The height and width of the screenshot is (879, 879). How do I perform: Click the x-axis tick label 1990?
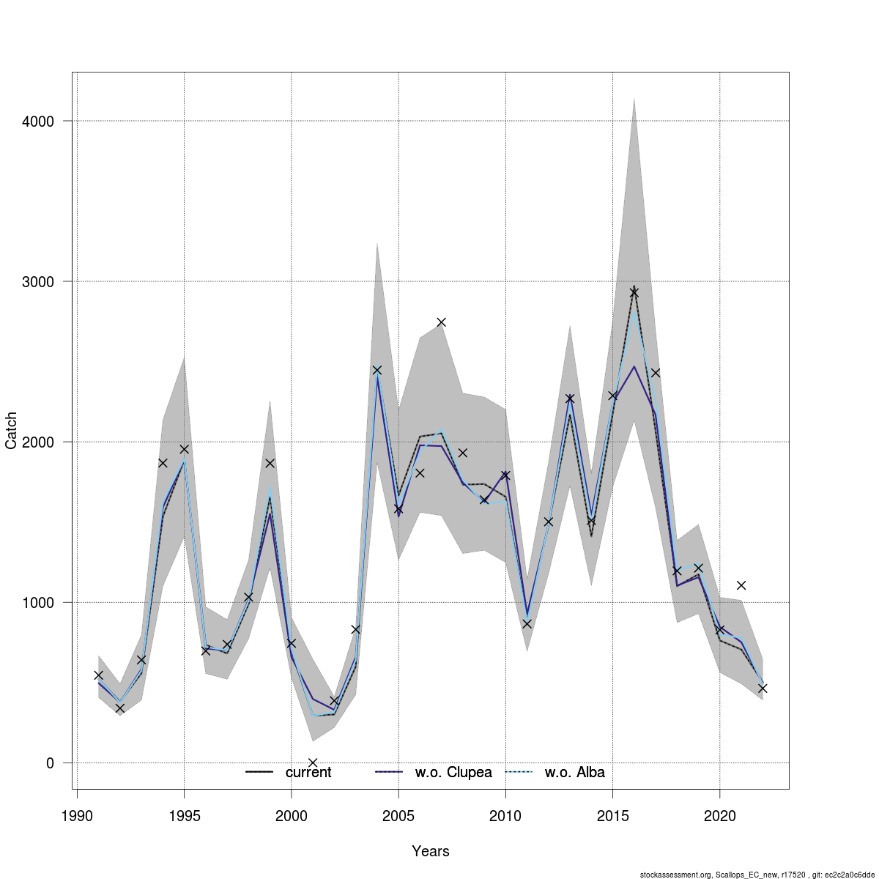pyautogui.click(x=76, y=816)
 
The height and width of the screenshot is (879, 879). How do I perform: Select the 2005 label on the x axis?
pyautogui.click(x=398, y=816)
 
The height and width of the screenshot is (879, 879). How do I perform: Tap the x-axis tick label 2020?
pyautogui.click(x=720, y=816)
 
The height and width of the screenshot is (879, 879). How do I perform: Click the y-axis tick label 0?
pyautogui.click(x=50, y=763)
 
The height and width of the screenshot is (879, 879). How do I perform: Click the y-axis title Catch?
pyautogui.click(x=12, y=431)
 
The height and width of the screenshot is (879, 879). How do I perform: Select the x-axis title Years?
pyautogui.click(x=431, y=851)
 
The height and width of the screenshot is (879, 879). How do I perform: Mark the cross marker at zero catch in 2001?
pyautogui.click(x=313, y=763)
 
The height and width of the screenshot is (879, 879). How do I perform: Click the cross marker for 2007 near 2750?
pyautogui.click(x=442, y=322)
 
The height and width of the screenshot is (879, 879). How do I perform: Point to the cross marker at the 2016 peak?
pyautogui.click(x=634, y=292)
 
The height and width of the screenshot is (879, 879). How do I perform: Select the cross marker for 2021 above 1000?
pyautogui.click(x=741, y=585)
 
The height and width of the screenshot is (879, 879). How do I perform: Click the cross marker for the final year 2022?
pyautogui.click(x=763, y=689)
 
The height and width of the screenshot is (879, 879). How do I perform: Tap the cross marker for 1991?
pyautogui.click(x=98, y=675)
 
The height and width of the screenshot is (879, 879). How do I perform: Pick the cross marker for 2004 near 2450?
pyautogui.click(x=377, y=370)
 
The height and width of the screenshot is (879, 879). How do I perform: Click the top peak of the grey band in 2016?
pyautogui.click(x=634, y=99)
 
